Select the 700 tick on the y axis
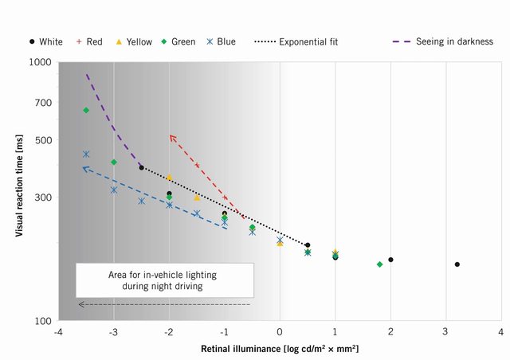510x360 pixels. point(43,103)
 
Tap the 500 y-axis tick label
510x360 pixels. point(43,140)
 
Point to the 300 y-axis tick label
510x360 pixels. point(43,198)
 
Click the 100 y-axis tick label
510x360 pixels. point(43,321)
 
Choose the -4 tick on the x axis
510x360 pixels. point(58,331)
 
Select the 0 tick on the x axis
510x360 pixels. point(280,331)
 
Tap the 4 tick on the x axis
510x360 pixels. point(500,331)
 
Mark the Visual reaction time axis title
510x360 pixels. point(18,191)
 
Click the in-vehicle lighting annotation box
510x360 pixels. point(165,280)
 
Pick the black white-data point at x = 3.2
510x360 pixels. point(457,264)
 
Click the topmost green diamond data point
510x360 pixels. point(86,110)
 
